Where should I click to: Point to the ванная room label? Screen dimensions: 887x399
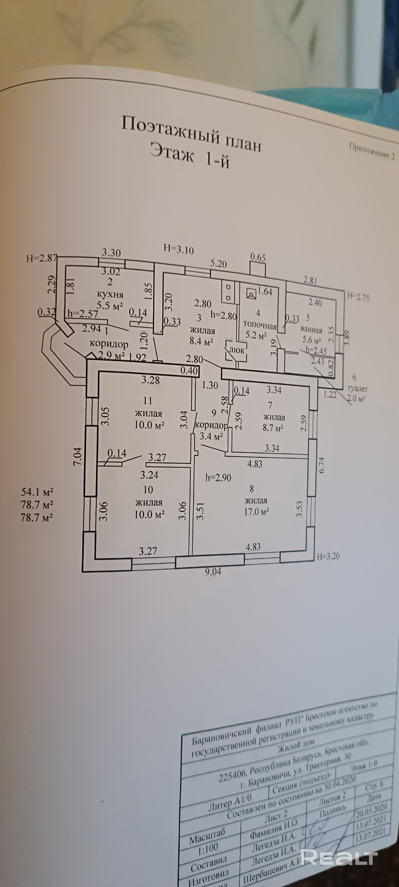[x=311, y=330]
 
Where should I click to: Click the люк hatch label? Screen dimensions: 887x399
[x=237, y=350]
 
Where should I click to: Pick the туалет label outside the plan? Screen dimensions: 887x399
[x=357, y=389]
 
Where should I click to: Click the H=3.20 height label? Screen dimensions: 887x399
[x=328, y=556]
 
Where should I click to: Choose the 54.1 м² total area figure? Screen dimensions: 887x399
[x=37, y=492]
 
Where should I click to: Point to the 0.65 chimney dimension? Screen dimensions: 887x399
[x=258, y=257]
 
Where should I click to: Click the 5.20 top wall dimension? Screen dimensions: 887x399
[x=219, y=264]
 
